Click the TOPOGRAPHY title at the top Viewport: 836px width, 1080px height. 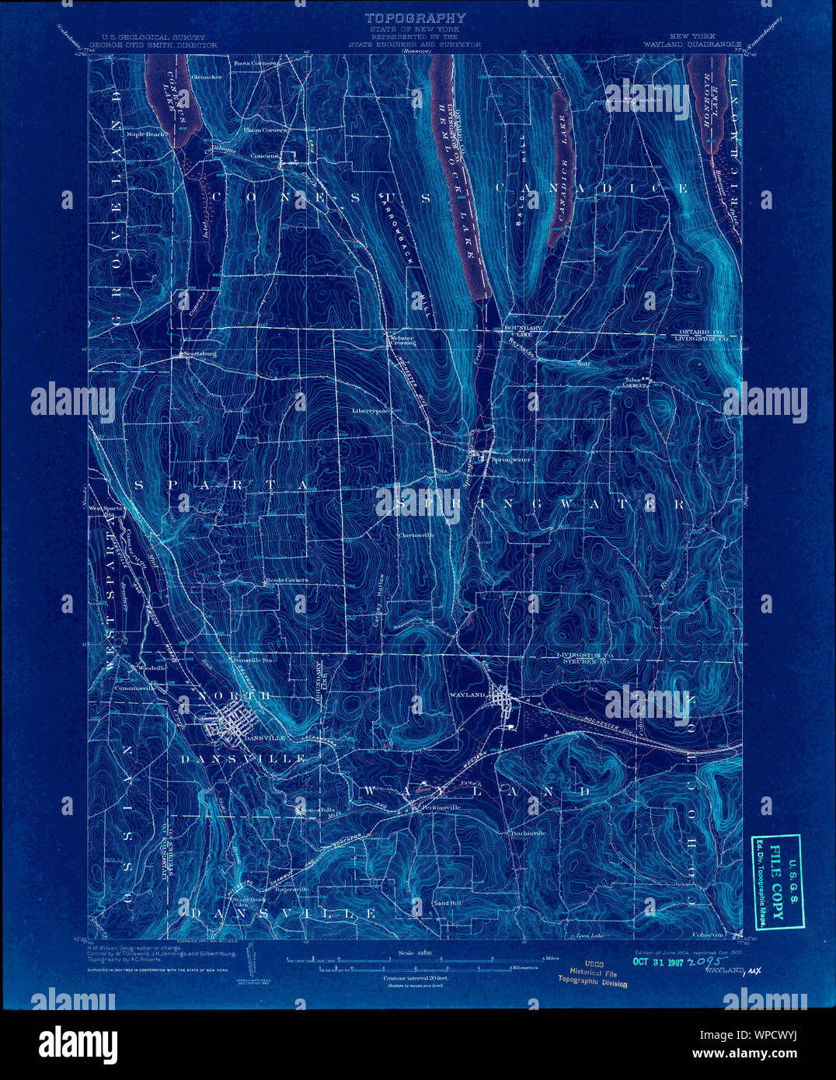416,17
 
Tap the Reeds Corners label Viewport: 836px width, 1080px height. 286,580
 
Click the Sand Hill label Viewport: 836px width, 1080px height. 447,904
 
